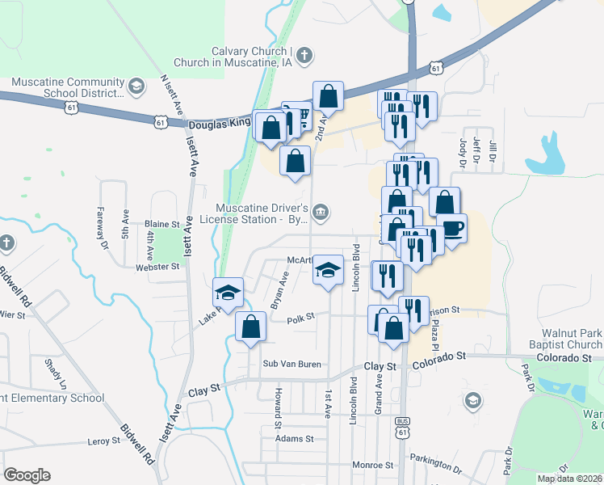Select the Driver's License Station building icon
point(321,213)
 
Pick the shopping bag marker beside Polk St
point(251,327)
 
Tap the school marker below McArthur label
point(328,270)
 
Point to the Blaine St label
point(161,224)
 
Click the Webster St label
point(157,266)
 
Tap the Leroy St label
point(103,441)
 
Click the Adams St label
point(293,439)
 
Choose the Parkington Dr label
point(435,462)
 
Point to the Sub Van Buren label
point(292,365)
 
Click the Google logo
point(27,475)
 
